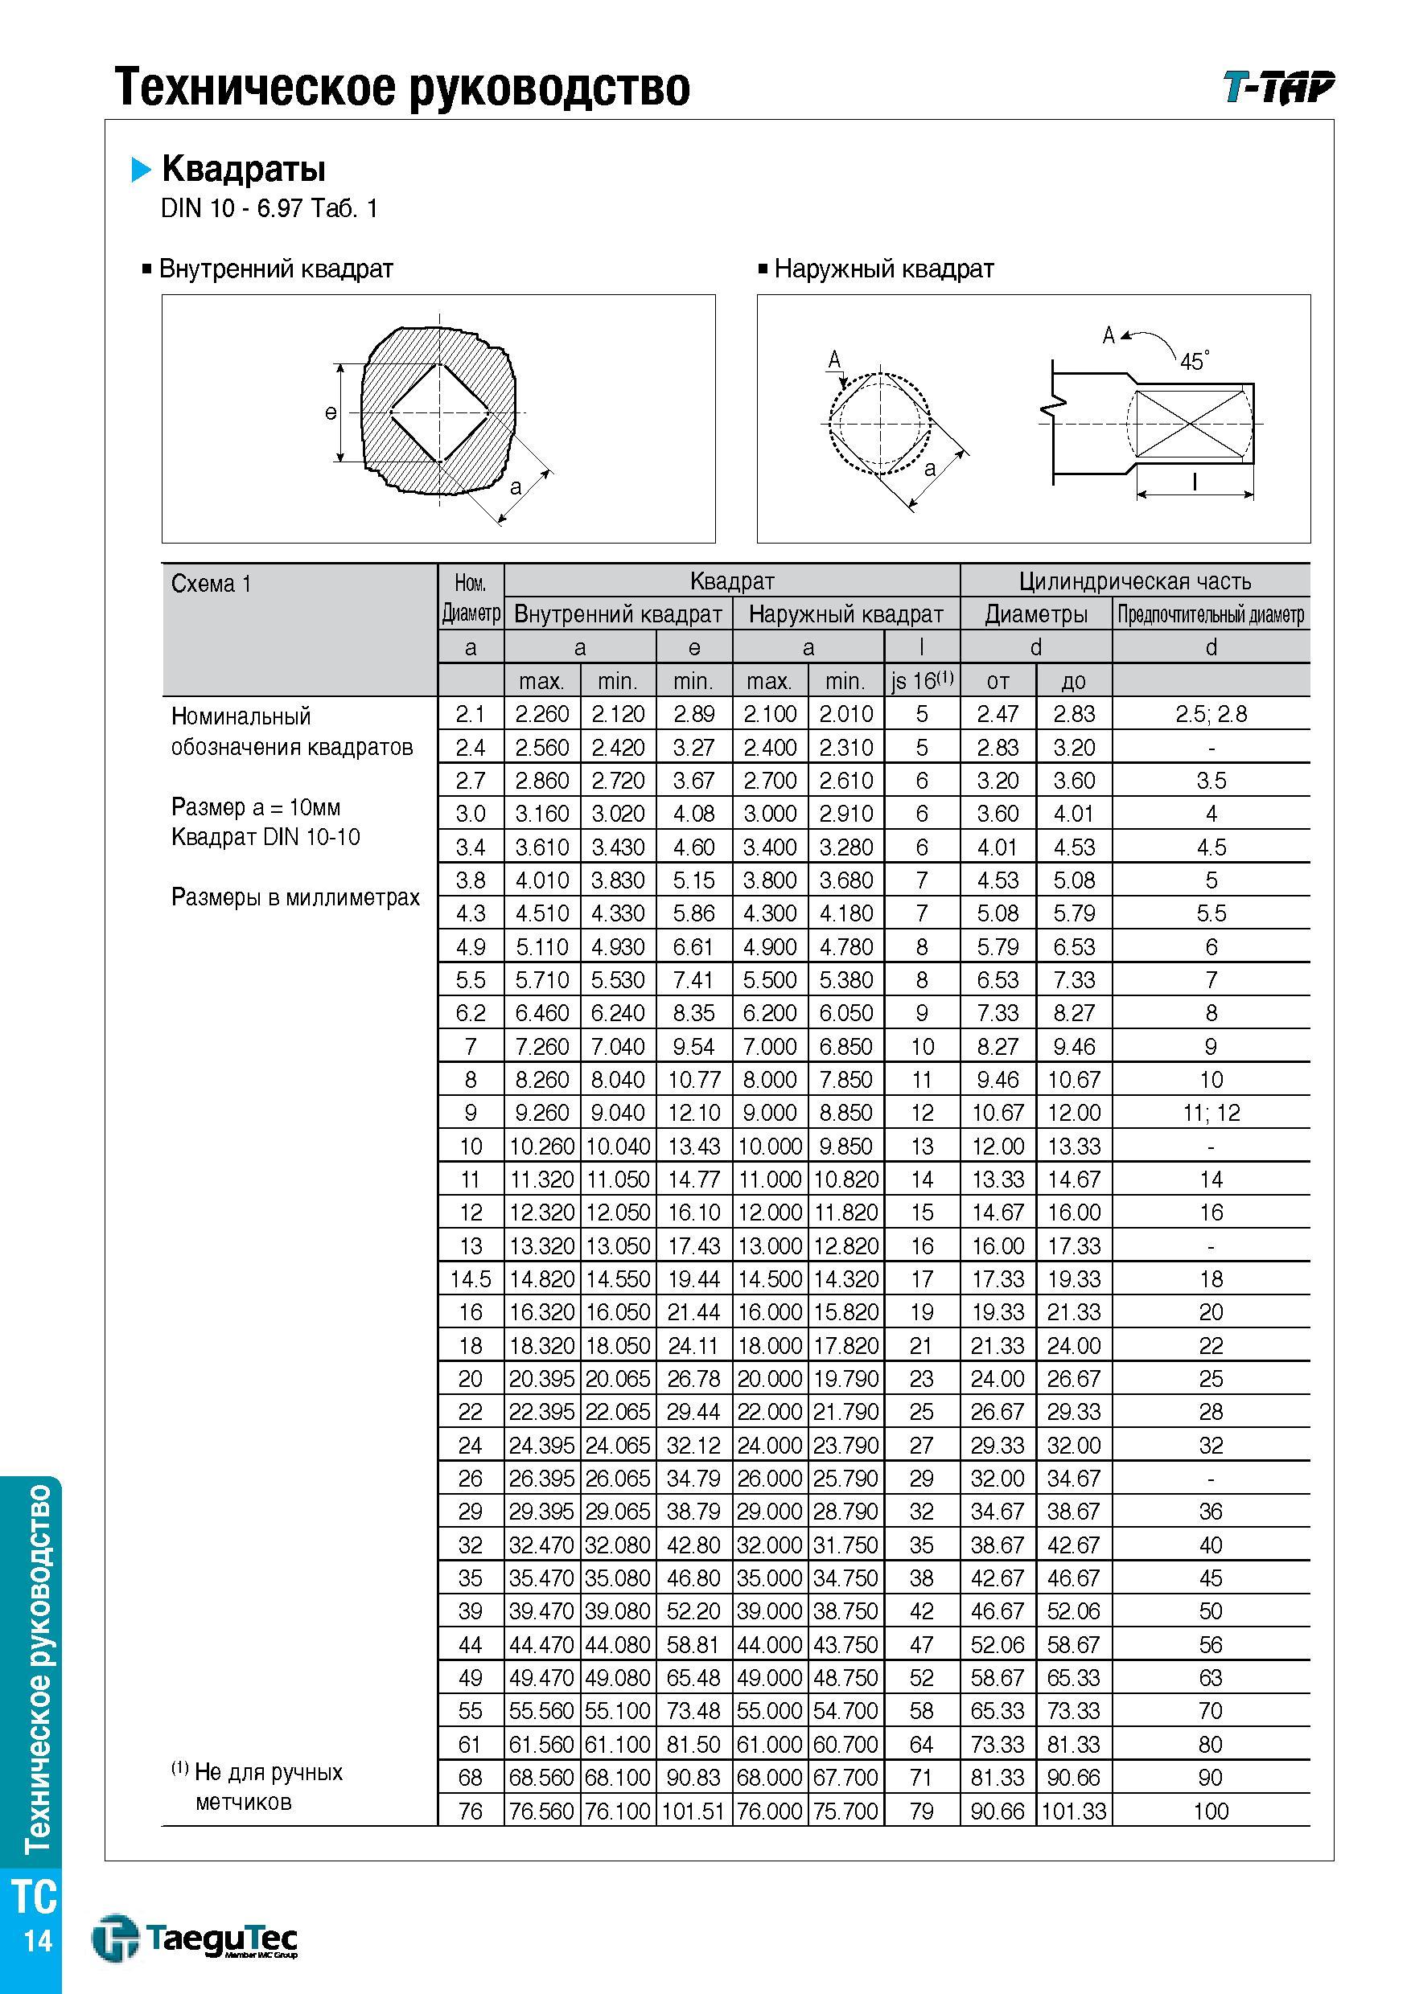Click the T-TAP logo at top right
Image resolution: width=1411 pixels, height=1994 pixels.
1278,87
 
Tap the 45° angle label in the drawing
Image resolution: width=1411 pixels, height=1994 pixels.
1195,360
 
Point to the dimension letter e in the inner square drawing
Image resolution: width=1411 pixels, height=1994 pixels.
330,412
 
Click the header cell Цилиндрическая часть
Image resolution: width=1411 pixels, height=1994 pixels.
1135,581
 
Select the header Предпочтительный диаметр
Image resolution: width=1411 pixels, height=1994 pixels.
1211,615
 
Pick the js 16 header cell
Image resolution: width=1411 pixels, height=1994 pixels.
922,681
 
